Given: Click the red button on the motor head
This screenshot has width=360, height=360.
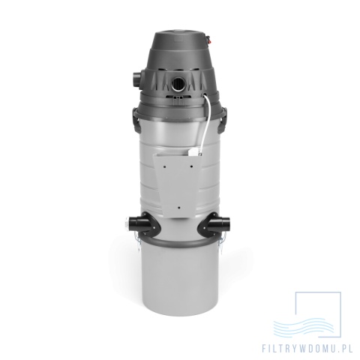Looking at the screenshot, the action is [207, 40].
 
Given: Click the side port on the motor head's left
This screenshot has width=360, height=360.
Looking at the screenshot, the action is [137, 79].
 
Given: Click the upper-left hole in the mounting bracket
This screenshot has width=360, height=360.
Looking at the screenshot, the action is [165, 166].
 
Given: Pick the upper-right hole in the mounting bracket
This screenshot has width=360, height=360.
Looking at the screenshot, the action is [191, 166].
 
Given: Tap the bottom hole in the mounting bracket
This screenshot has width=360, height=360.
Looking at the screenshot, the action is [178, 208].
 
